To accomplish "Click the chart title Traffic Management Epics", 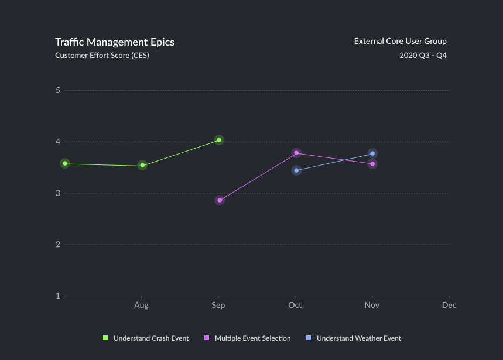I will pos(115,42).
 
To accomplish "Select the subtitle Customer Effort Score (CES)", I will pos(102,56).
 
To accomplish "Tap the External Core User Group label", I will pos(400,42).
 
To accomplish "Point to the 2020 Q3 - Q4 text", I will pos(423,56).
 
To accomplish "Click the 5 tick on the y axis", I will pos(58,90).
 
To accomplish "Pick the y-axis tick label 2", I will pos(58,244).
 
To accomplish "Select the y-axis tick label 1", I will pos(58,296).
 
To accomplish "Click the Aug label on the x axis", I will pos(141,305).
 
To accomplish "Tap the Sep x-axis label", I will pos(218,305).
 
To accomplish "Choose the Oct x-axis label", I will pos(295,305).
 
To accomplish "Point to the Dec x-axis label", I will pos(449,305).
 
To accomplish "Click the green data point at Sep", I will pos(219,140).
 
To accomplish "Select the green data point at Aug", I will pos(142,166).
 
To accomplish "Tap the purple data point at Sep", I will pos(220,200).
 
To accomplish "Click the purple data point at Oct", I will pos(296,153).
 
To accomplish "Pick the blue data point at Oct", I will pos(296,170).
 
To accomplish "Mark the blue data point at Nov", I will pos(372,153).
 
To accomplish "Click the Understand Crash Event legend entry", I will pos(146,338).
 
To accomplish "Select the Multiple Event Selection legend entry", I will pos(248,338).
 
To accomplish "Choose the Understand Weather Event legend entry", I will pos(354,338).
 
